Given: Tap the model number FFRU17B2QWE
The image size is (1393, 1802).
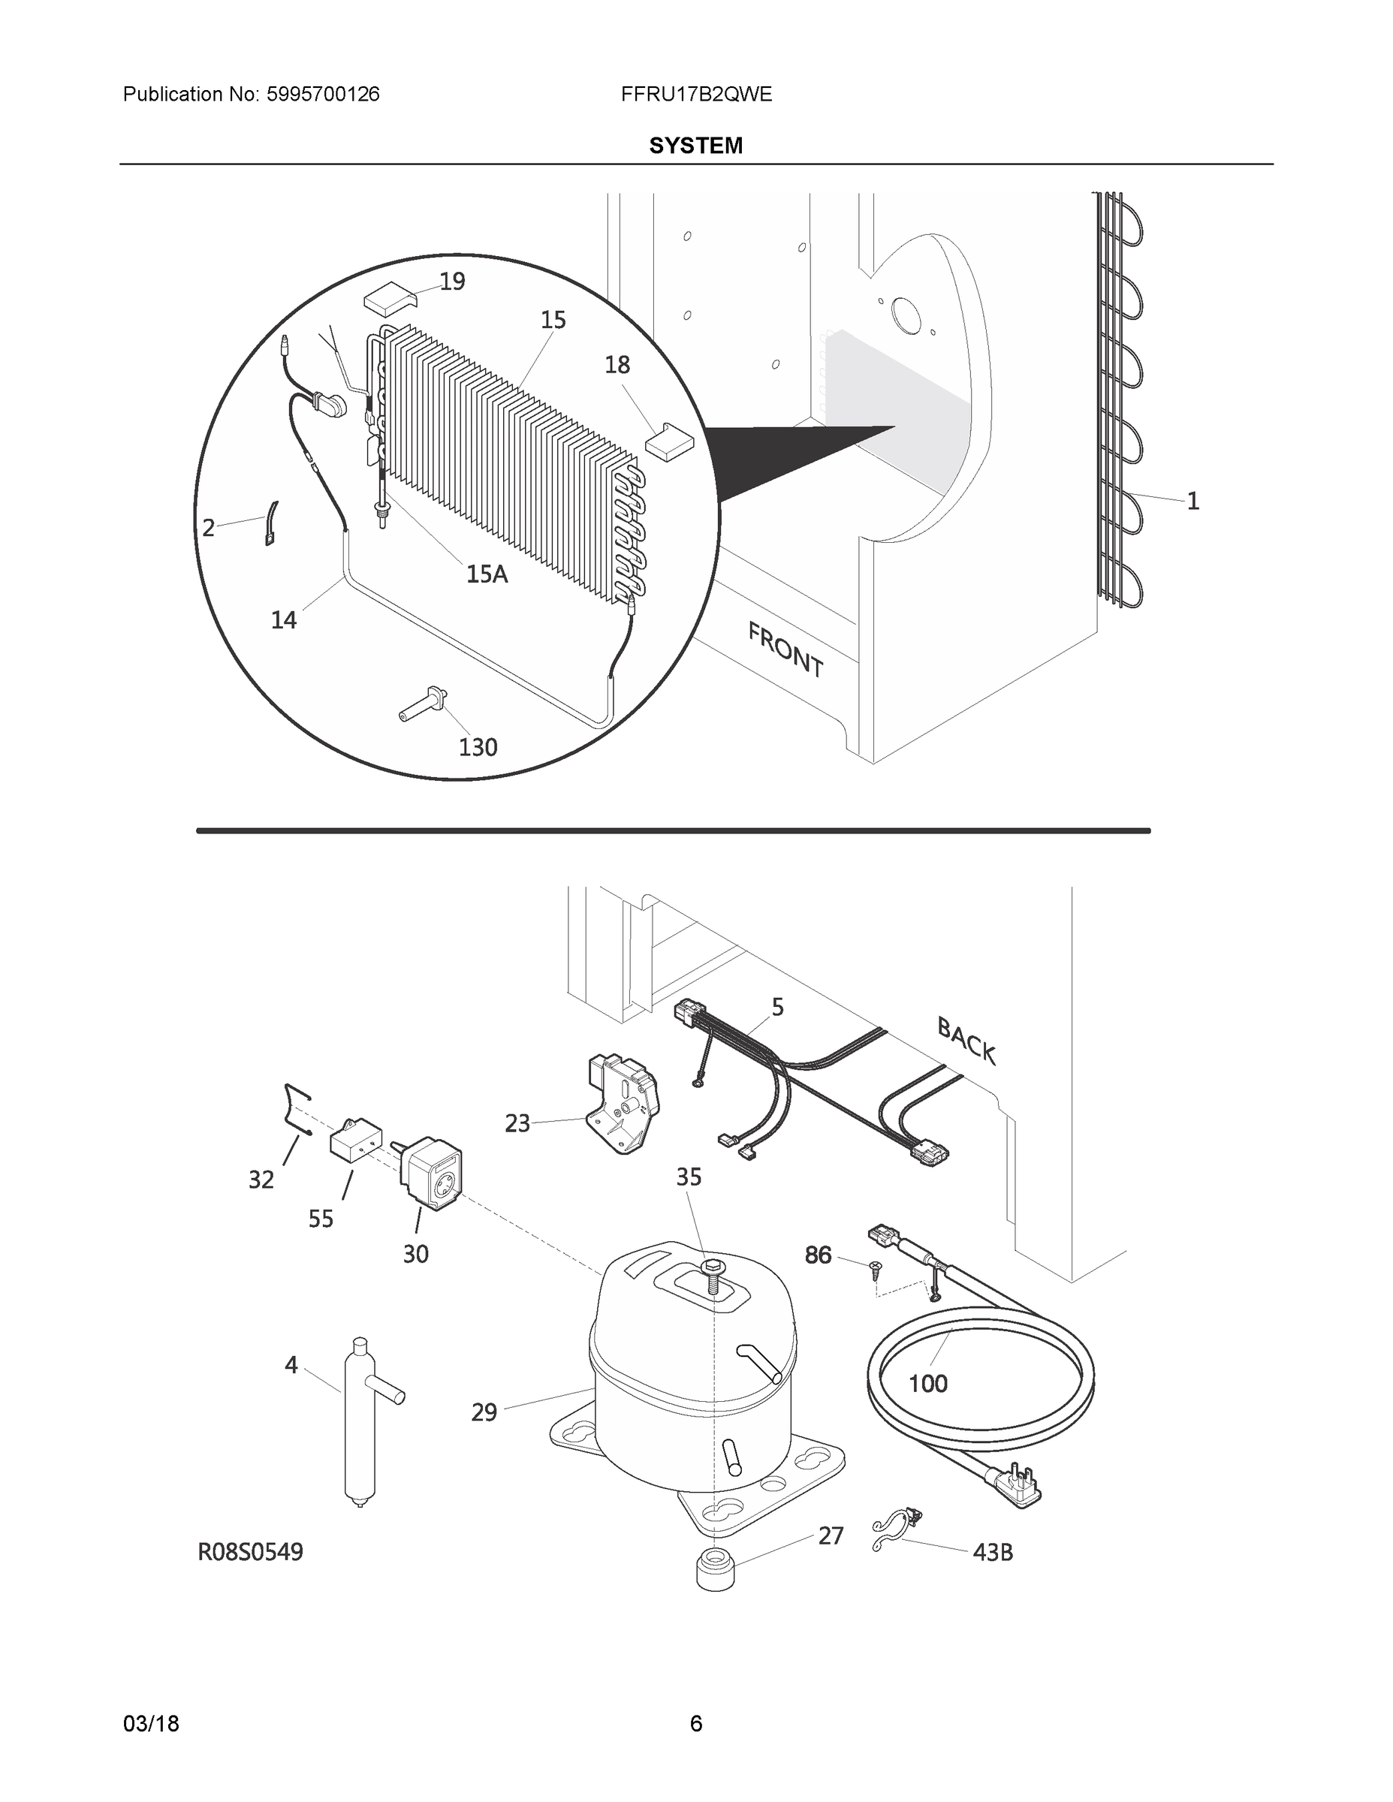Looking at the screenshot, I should coord(695,94).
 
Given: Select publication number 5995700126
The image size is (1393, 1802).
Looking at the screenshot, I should coord(323,94).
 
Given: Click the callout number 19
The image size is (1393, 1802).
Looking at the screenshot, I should coord(452,282).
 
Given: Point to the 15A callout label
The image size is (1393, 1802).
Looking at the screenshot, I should coord(487,574).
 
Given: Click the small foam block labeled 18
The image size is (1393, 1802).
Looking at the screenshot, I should coord(669,442).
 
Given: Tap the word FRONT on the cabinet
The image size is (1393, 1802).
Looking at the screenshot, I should coord(785,650).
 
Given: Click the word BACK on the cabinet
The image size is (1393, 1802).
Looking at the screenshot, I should coord(966,1041).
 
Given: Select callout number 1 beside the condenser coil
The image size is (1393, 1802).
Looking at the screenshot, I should coord(1192,501).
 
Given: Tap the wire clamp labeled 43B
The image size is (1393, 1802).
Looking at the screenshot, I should coord(897,1532).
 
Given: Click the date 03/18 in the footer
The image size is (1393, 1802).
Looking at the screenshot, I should coord(151,1724).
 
